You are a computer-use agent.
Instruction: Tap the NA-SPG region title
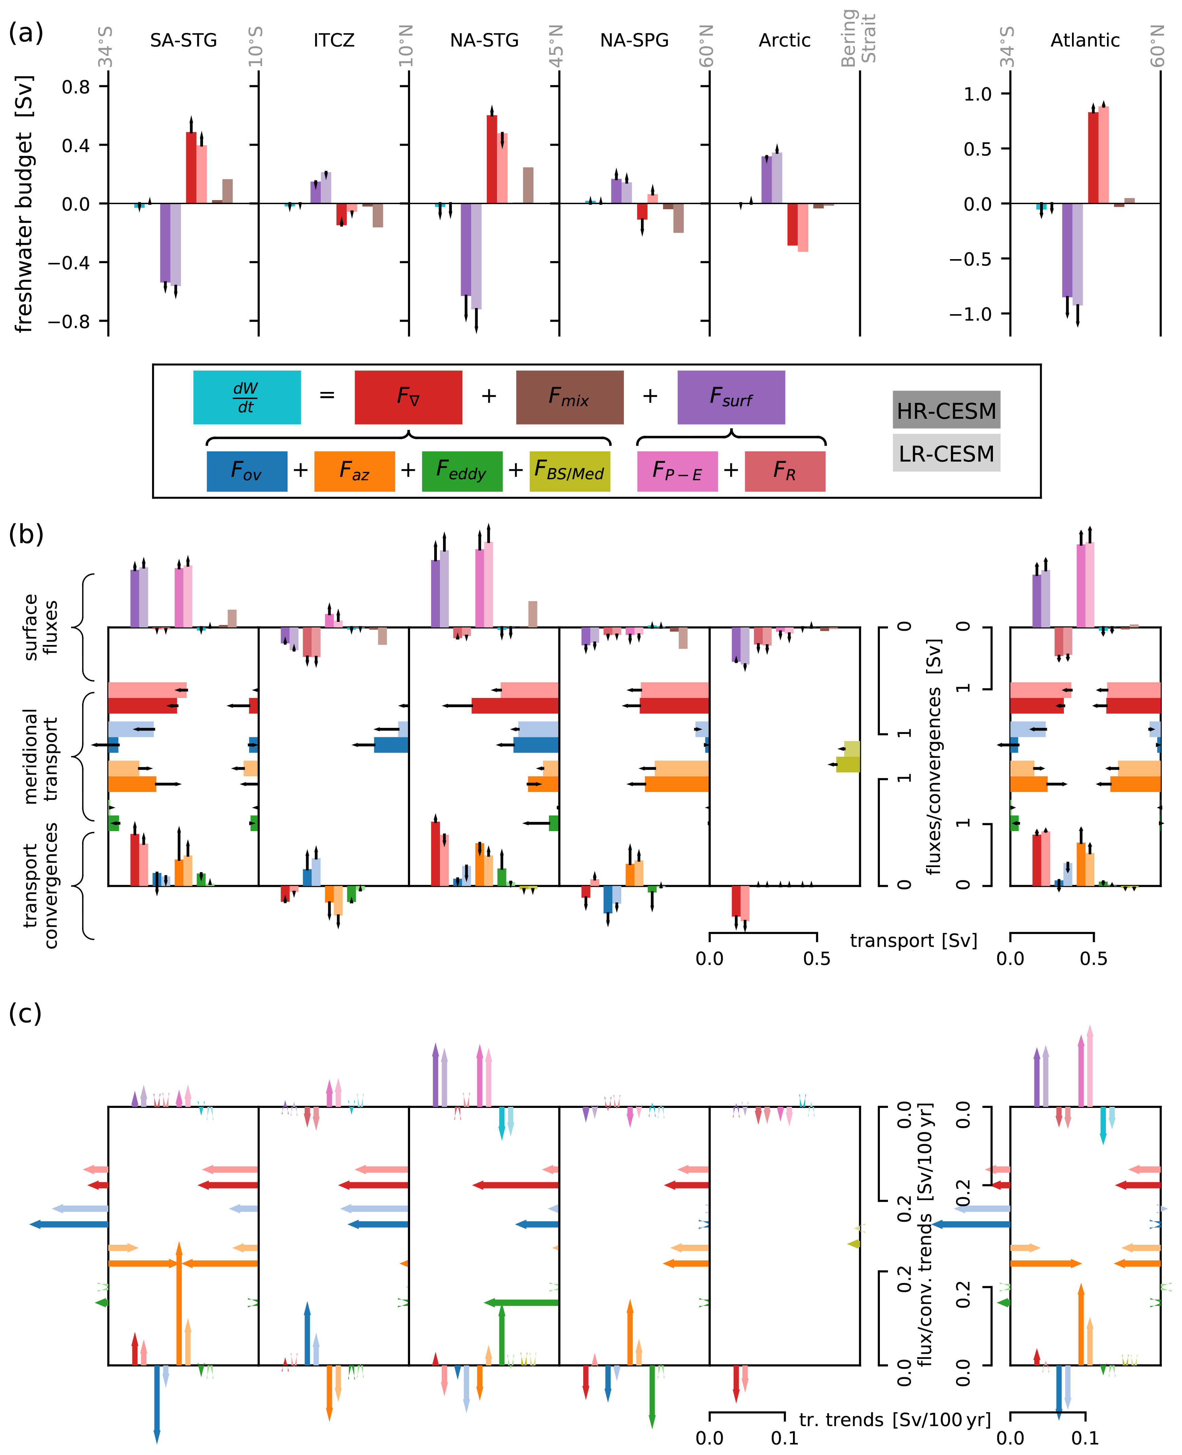(634, 40)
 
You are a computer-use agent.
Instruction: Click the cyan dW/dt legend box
(246, 397)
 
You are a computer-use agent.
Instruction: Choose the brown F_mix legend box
(569, 397)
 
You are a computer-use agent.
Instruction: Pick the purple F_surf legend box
(731, 397)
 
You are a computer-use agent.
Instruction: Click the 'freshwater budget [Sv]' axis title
(24, 204)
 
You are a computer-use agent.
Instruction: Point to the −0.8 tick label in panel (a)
(70, 321)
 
